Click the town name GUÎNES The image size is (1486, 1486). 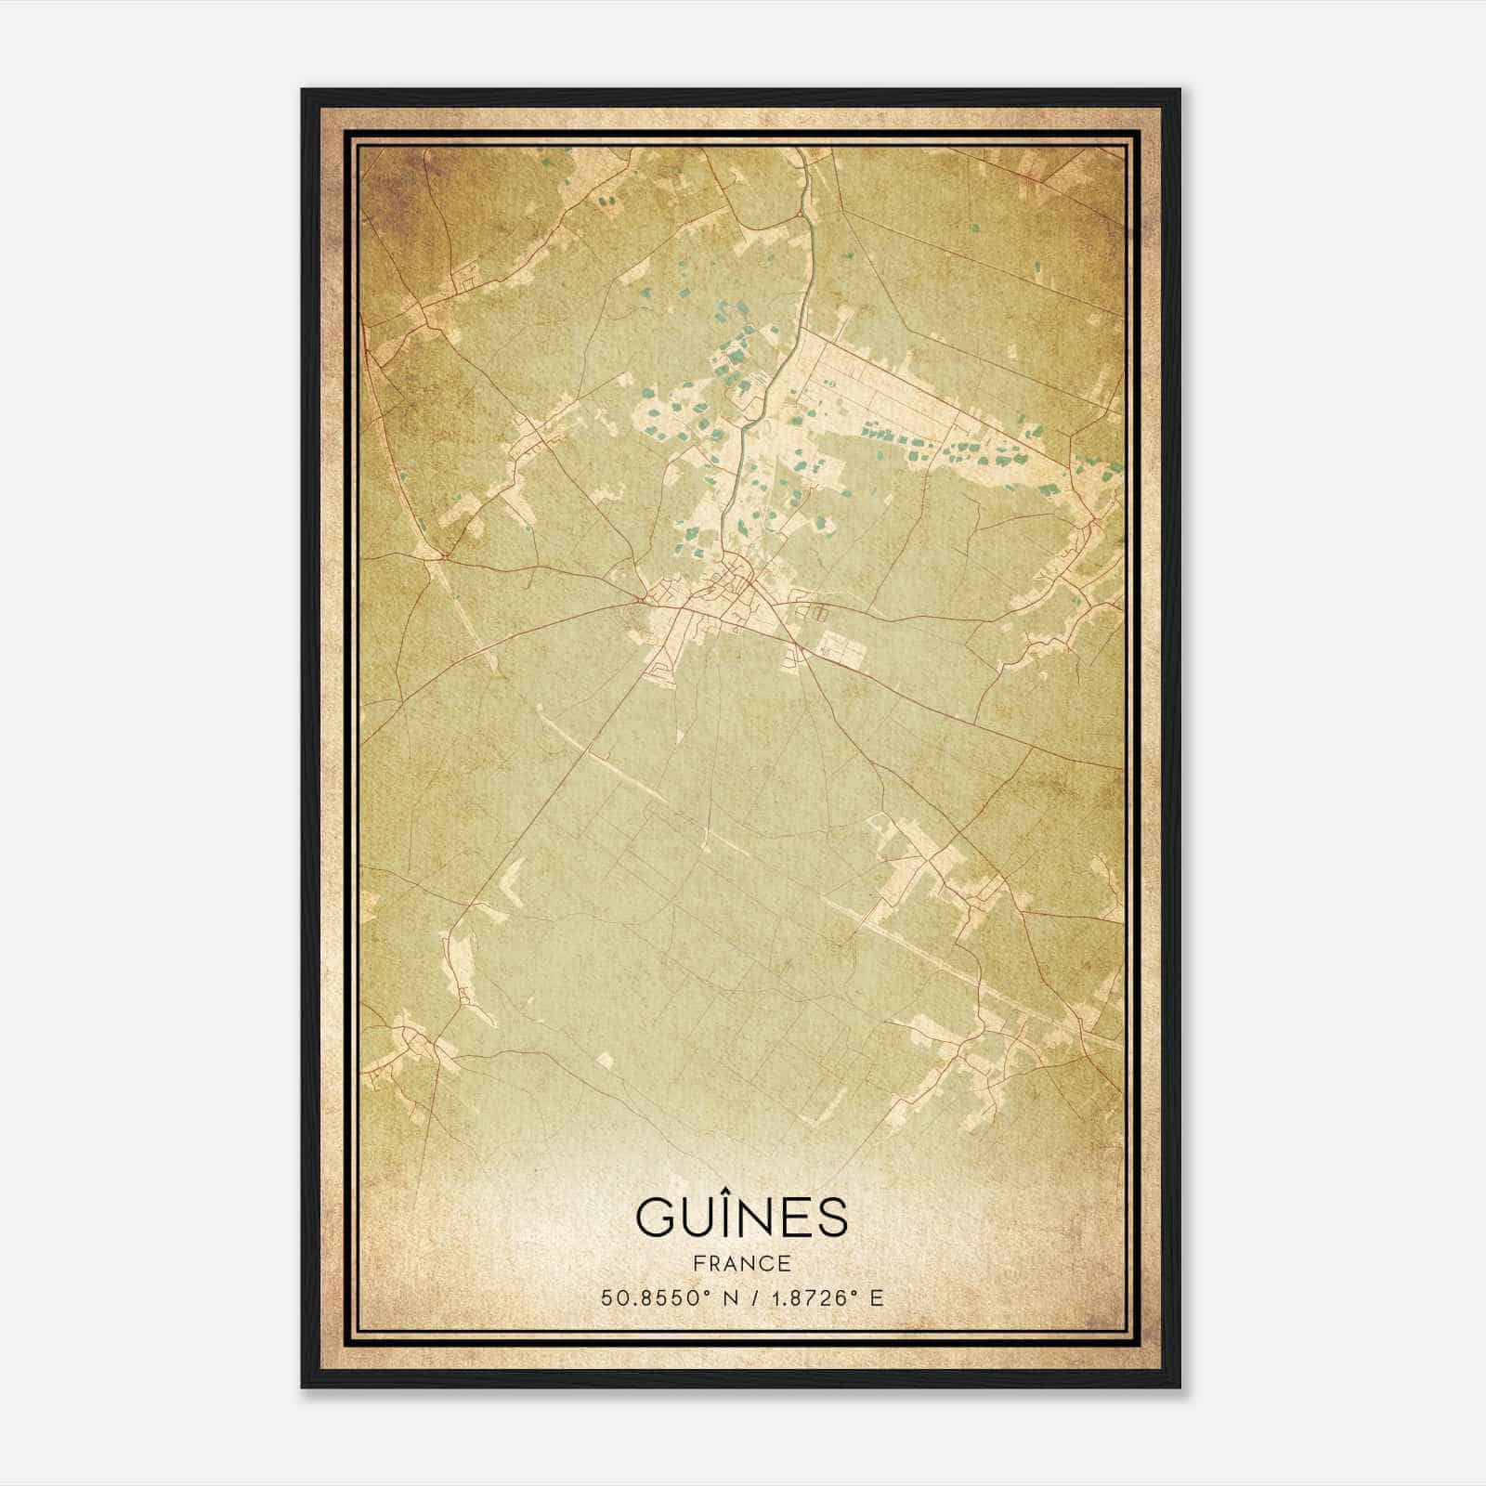[x=741, y=1217]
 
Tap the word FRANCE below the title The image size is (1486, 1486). [x=741, y=1264]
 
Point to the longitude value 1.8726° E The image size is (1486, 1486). [x=822, y=1297]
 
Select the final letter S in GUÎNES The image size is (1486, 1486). [x=834, y=1218]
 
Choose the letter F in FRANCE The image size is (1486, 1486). [x=698, y=1264]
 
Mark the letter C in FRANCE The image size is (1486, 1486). [x=767, y=1264]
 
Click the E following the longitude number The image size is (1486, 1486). [x=876, y=1297]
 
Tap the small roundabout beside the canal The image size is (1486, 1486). [x=800, y=215]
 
